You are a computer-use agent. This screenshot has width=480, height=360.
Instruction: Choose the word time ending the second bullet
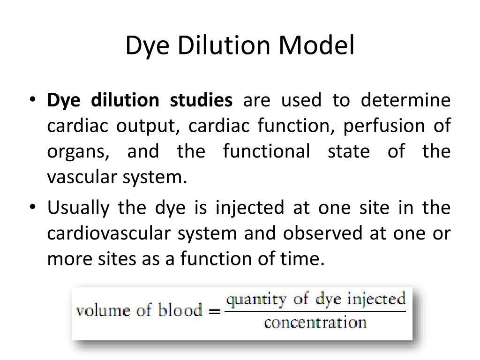(x=307, y=259)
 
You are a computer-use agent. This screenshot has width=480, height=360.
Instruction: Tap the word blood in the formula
(x=180, y=311)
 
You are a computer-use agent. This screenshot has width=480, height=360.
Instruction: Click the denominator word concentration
(x=315, y=323)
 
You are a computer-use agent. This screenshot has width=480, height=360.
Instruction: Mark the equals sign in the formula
(x=214, y=311)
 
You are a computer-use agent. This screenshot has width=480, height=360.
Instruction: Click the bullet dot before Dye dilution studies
(x=32, y=101)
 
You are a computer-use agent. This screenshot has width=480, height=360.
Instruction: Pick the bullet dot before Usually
(x=32, y=208)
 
